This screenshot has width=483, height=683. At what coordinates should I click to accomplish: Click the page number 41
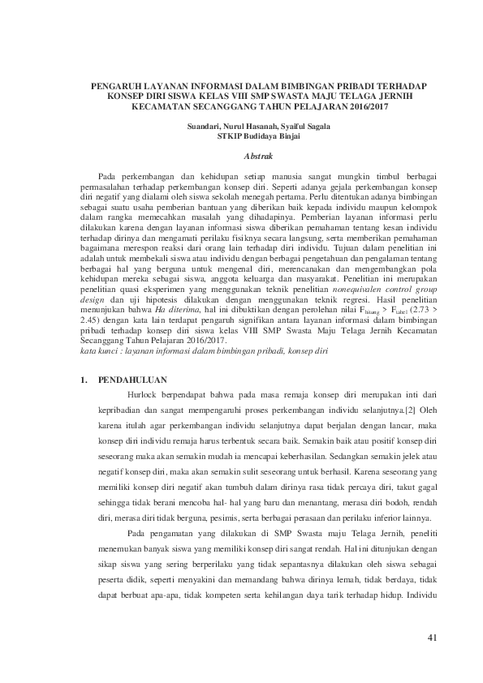point(432,638)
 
